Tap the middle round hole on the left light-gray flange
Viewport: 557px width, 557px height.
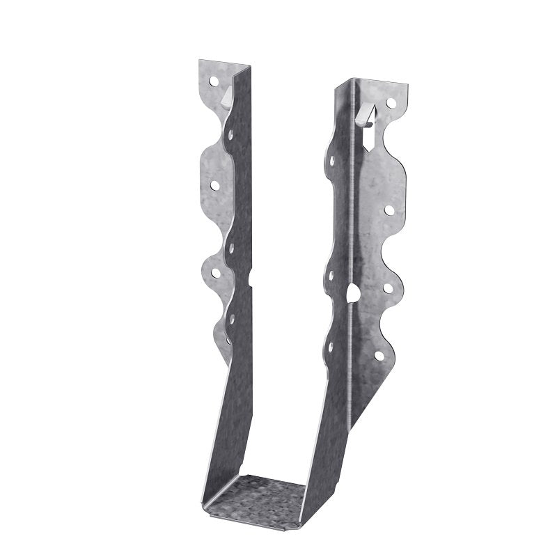[x=215, y=186]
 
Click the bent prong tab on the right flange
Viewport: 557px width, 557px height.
[x=366, y=110]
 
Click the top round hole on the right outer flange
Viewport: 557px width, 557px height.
[x=391, y=102]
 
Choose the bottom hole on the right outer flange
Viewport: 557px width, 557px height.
[x=379, y=356]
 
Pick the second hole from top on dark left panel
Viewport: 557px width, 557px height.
[x=231, y=246]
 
